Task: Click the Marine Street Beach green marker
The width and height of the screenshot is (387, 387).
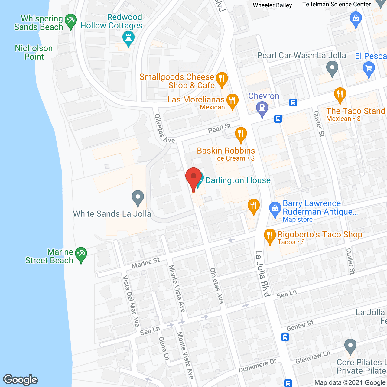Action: coord(81,255)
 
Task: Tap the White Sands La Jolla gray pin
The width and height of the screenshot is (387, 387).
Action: coord(138,198)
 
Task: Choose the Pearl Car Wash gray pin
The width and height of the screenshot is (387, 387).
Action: coord(332,69)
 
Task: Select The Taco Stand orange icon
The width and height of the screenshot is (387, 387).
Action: coord(340,95)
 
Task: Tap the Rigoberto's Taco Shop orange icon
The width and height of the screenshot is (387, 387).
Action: coord(270,236)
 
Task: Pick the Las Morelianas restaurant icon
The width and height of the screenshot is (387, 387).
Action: coord(232,101)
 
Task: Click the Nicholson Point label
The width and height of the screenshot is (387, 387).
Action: coord(34,52)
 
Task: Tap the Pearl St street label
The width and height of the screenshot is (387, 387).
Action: coord(220,128)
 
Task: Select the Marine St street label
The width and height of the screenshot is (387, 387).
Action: coord(145,263)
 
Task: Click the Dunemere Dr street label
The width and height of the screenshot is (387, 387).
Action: coord(257,366)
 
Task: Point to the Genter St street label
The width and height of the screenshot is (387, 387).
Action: coord(300,326)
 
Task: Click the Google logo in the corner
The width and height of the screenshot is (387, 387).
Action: coord(21,379)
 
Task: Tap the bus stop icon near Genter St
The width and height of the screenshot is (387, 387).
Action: coord(285,337)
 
